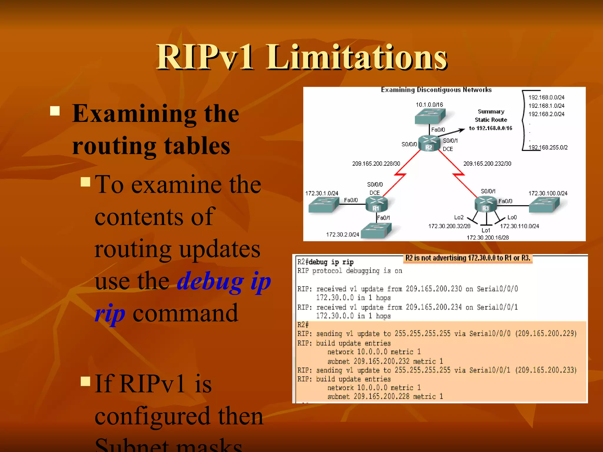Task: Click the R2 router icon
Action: click(429, 144)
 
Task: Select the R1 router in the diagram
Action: click(376, 204)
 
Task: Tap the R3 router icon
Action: click(486, 204)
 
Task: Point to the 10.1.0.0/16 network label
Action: click(429, 105)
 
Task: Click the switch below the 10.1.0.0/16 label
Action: click(430, 116)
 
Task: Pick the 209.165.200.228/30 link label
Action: click(376, 164)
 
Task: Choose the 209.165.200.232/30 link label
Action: click(487, 164)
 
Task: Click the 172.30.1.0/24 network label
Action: click(322, 193)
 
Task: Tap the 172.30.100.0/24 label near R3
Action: click(548, 193)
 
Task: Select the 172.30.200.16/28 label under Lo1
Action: click(488, 237)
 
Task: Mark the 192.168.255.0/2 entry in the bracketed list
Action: click(548, 147)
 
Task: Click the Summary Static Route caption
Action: click(491, 120)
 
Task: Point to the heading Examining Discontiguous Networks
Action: click(436, 90)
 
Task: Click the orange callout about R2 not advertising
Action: click(468, 258)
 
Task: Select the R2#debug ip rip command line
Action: click(325, 262)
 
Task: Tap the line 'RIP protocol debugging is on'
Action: click(349, 271)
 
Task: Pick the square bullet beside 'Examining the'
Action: click(55, 111)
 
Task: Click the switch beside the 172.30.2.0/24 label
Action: click(376, 230)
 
